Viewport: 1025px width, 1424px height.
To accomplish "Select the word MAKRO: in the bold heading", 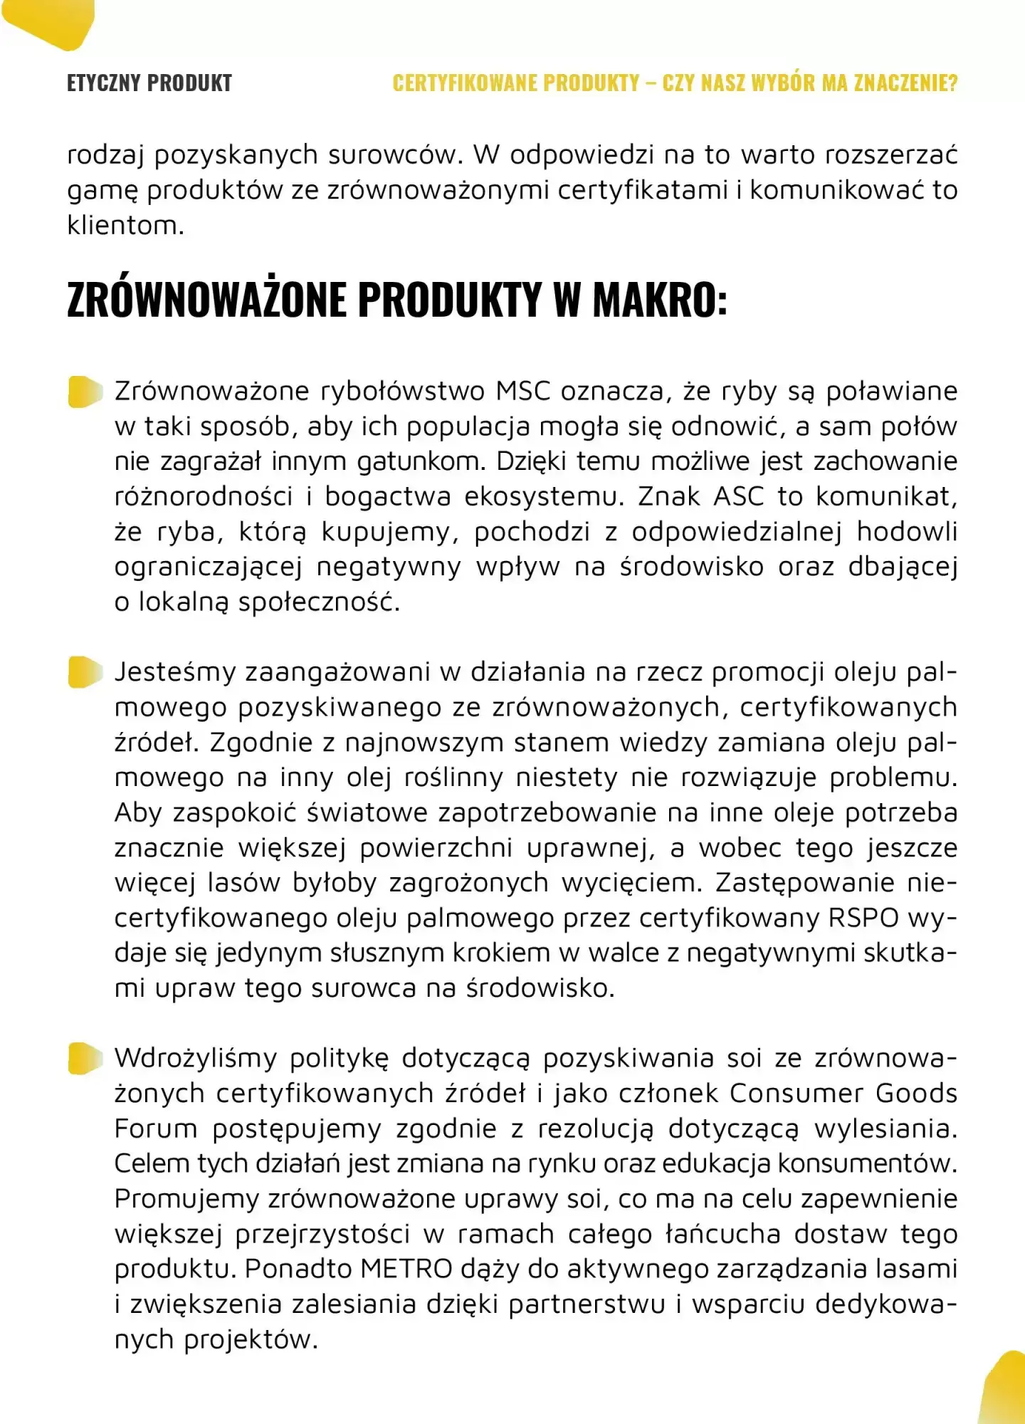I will pos(660,299).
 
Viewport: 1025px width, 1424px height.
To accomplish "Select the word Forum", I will pos(156,1129).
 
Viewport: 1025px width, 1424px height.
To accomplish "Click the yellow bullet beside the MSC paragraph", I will pos(85,392).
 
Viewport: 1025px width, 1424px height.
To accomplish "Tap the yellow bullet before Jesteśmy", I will pos(85,672).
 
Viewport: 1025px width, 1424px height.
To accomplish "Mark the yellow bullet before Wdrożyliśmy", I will pos(85,1058).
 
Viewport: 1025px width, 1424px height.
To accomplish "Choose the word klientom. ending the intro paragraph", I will pos(125,226).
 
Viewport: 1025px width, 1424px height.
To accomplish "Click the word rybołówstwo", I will pos(403,392).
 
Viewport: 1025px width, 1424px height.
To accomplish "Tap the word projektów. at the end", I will pos(251,1339).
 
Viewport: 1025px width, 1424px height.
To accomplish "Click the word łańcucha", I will pos(722,1233).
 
